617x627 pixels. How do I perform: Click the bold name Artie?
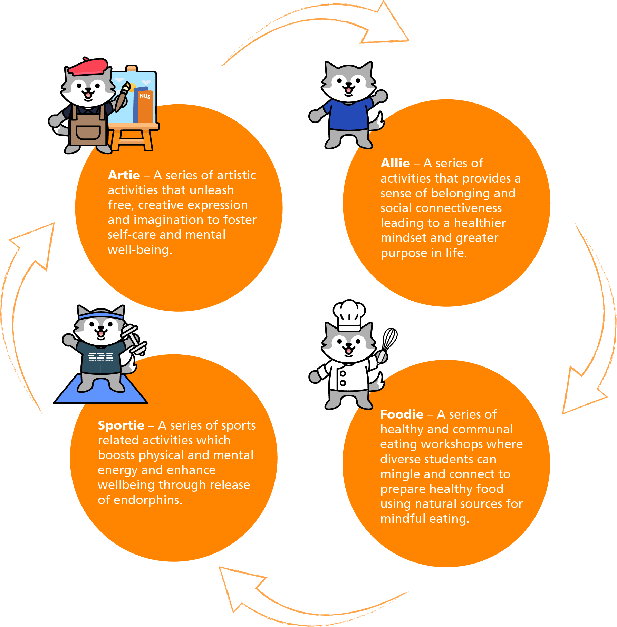pyautogui.click(x=124, y=175)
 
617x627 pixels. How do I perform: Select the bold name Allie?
pyautogui.click(x=395, y=163)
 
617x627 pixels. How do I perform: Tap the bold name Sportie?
pyautogui.click(x=121, y=425)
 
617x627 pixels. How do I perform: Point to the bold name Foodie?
pyautogui.click(x=402, y=414)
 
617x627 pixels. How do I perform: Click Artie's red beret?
pyautogui.click(x=89, y=67)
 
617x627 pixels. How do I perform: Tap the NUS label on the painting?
pyautogui.click(x=145, y=96)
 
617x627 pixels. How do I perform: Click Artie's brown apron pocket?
pyautogui.click(x=88, y=132)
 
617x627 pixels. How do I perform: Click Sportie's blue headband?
pyautogui.click(x=100, y=315)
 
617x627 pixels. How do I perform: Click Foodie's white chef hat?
pyautogui.click(x=349, y=314)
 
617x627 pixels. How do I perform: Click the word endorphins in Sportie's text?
pyautogui.click(x=148, y=500)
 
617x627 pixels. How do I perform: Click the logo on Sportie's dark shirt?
pyautogui.click(x=100, y=356)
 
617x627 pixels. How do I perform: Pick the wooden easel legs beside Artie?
pyautogui.click(x=133, y=140)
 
